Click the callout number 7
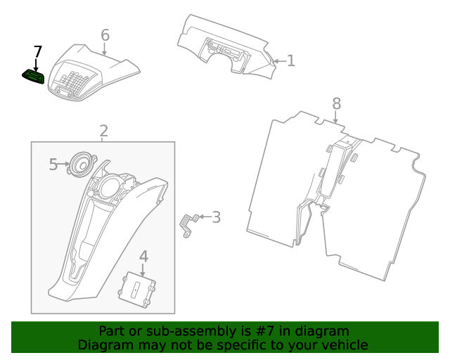click(x=38, y=52)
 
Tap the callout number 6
click(x=105, y=35)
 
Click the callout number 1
click(x=290, y=61)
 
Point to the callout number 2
click(x=103, y=131)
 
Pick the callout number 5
click(x=53, y=165)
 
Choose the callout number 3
click(x=216, y=217)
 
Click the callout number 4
click(x=143, y=256)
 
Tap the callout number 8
click(x=336, y=103)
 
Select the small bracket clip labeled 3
click(x=187, y=225)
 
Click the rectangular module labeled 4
click(x=138, y=288)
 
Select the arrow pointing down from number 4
click(x=143, y=269)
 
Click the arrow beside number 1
click(x=278, y=62)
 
